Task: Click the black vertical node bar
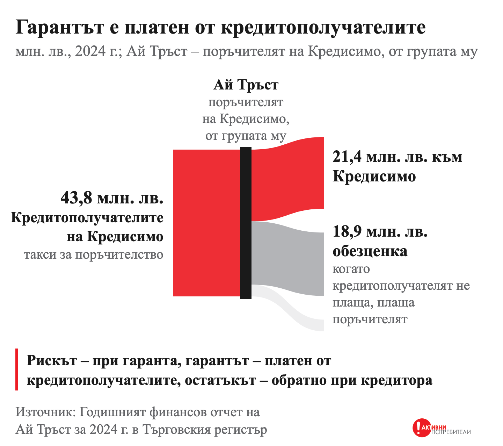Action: [x=246, y=223]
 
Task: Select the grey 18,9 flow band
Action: [x=288, y=258]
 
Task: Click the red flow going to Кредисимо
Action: [x=288, y=179]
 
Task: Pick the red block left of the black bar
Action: [x=207, y=223]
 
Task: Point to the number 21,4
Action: [x=347, y=157]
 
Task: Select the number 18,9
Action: [x=347, y=232]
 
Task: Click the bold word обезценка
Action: [x=370, y=251]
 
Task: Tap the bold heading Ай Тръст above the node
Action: [x=246, y=85]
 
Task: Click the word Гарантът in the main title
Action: [x=60, y=27]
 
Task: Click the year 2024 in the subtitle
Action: [x=90, y=51]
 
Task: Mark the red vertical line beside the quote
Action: [x=17, y=369]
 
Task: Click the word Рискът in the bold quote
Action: [x=52, y=360]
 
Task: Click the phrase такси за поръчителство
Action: [x=94, y=255]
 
